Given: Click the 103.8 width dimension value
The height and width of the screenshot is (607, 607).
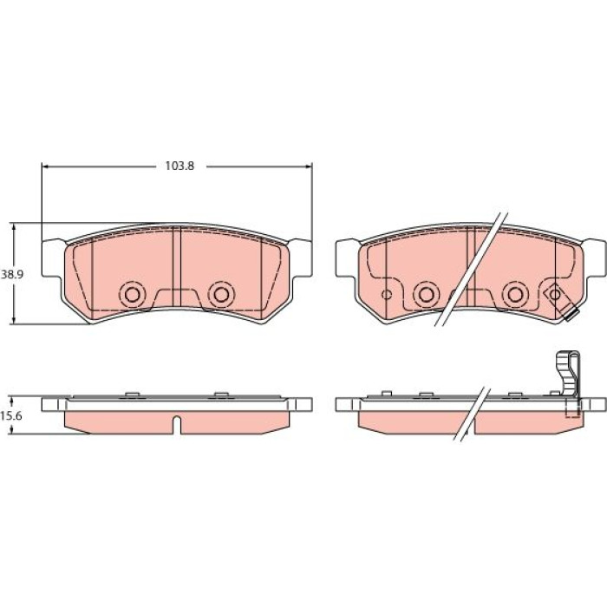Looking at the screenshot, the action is click(x=179, y=166).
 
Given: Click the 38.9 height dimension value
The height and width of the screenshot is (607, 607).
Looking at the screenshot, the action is click(x=11, y=275).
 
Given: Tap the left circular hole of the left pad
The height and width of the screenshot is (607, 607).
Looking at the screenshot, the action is click(x=133, y=295).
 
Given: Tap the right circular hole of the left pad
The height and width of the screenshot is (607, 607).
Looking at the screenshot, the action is click(x=221, y=295).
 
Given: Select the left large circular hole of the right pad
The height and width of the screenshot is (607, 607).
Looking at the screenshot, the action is click(x=426, y=295).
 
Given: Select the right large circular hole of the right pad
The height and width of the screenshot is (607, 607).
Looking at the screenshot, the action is click(x=515, y=295).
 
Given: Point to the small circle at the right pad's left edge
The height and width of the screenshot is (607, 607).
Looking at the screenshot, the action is click(x=387, y=295).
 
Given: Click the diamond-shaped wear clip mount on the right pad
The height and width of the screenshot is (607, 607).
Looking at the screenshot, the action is click(x=555, y=295).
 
